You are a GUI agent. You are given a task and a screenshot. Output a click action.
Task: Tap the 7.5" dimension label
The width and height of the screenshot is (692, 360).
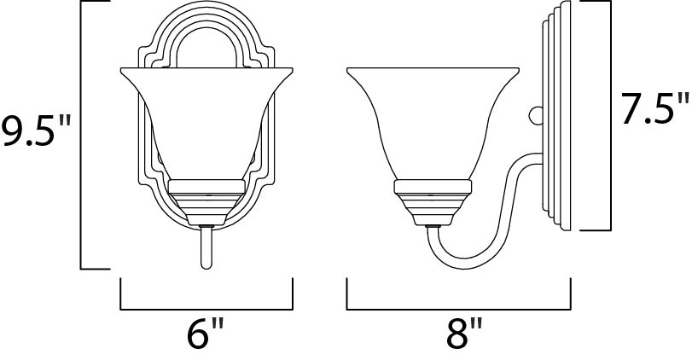654,110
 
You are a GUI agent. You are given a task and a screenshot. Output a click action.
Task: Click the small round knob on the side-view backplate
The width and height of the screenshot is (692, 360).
535,113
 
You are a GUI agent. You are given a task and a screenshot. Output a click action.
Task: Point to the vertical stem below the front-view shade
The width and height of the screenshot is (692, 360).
206,247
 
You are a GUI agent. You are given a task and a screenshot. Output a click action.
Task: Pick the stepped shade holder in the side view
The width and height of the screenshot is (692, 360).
432,196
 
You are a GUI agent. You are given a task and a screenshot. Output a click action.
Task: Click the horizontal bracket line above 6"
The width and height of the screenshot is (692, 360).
206,308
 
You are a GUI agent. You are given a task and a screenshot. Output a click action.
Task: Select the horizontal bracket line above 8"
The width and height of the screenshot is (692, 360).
459,308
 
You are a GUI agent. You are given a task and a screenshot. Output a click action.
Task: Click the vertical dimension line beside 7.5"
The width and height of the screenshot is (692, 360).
611,115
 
